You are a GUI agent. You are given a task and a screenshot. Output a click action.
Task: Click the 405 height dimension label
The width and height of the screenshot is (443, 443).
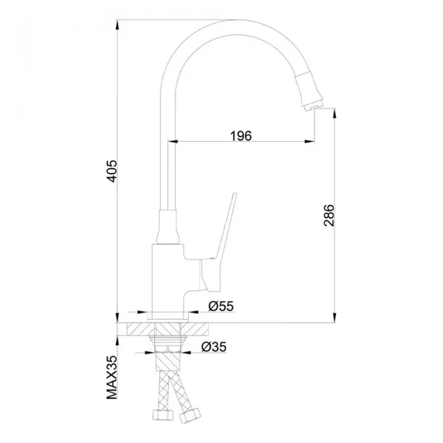tap(112, 171)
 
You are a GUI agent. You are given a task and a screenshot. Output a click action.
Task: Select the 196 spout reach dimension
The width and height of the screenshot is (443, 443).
tap(241, 136)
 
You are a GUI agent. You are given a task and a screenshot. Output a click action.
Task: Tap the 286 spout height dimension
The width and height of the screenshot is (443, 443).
tap(329, 216)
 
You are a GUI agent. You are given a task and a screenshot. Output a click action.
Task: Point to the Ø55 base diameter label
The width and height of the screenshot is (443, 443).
tap(221, 306)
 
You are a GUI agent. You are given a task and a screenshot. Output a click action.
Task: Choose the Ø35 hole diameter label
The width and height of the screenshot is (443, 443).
tap(214, 347)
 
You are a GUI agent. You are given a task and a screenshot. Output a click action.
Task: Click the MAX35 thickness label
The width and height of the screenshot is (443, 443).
tap(112, 377)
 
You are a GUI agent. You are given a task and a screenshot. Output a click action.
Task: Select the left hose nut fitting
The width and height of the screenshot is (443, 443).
tap(162, 416)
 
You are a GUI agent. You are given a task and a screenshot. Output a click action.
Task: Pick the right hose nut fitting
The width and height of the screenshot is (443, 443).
tap(190, 415)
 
